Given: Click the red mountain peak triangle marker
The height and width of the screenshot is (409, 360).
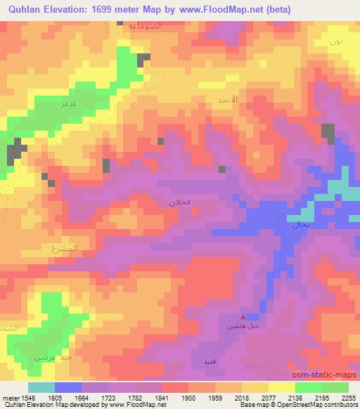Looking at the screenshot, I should pos(244,318).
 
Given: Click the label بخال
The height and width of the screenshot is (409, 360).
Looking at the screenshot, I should pos(297,226).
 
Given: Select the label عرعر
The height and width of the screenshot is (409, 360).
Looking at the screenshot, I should pos(69,104).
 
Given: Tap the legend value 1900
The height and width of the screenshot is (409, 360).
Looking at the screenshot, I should pos(188,398).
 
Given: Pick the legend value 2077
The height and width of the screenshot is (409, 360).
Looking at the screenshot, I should pos(267,398).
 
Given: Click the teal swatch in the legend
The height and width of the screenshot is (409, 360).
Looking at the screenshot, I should pos(41,387).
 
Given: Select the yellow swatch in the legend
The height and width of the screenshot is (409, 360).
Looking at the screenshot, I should pos(281,387).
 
